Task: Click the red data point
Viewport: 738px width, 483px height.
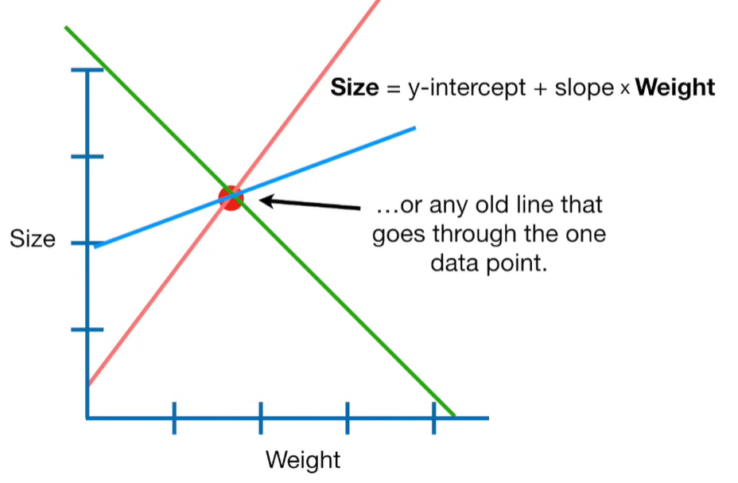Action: pyautogui.click(x=231, y=197)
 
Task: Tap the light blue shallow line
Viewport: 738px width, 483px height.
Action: pyautogui.click(x=334, y=155)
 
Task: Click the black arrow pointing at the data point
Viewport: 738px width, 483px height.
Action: pyautogui.click(x=310, y=204)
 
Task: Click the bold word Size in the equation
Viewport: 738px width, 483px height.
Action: pyautogui.click(x=355, y=88)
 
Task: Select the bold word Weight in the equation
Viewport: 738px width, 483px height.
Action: pyautogui.click(x=676, y=88)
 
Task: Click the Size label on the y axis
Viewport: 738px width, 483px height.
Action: pyautogui.click(x=32, y=239)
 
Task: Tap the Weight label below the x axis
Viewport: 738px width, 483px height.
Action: pyautogui.click(x=303, y=460)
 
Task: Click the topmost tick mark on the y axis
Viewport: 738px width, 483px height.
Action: pyautogui.click(x=87, y=70)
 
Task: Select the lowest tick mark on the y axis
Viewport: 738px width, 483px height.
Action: pyautogui.click(x=87, y=329)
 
